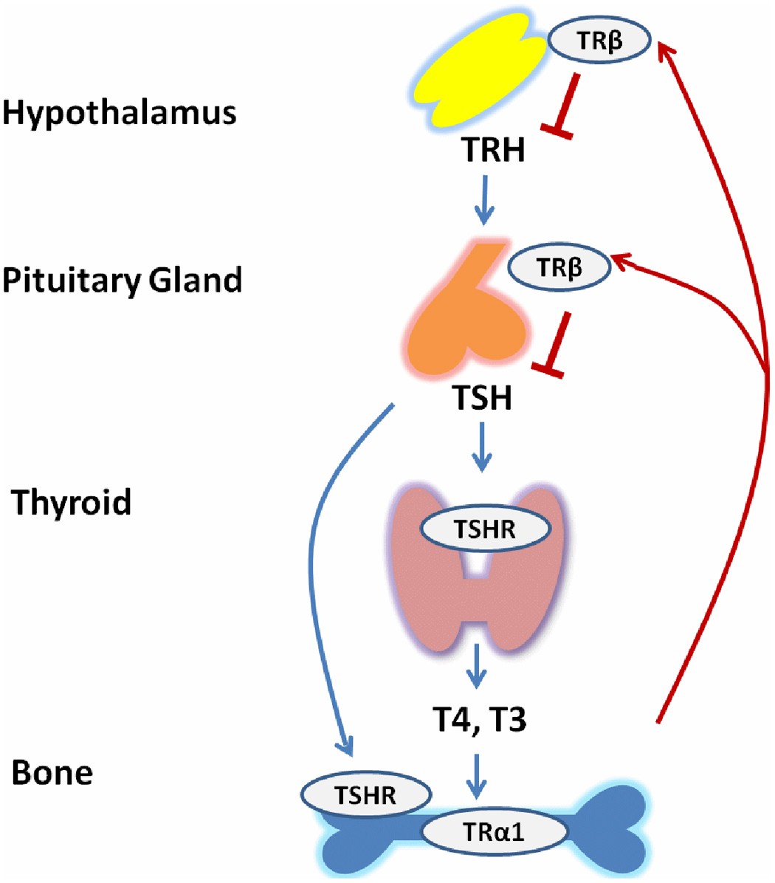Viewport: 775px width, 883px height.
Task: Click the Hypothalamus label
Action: point(120,114)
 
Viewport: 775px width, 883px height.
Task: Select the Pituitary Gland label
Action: point(122,281)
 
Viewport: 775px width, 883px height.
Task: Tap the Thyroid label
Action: point(72,502)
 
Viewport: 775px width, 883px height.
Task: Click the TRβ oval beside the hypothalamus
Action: point(599,42)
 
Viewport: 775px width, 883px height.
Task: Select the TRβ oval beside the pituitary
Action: point(559,269)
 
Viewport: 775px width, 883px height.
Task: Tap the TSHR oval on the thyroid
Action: point(485,529)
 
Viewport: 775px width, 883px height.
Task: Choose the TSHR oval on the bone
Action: point(366,795)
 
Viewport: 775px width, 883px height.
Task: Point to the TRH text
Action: point(493,151)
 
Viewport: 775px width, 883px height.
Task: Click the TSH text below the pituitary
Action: point(482,399)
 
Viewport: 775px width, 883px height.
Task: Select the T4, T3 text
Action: point(479,718)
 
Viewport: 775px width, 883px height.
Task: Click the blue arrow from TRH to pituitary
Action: point(484,199)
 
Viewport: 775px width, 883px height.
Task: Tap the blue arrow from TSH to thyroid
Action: point(482,447)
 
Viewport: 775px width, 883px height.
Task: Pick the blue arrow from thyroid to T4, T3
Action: point(478,666)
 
